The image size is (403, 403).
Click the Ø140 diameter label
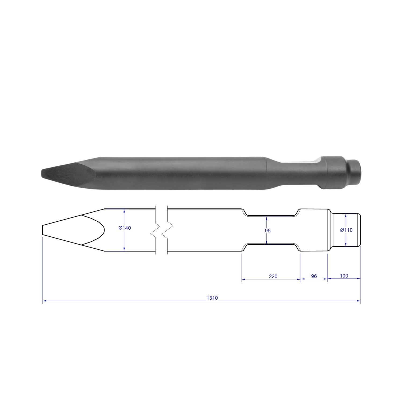pyautogui.click(x=124, y=228)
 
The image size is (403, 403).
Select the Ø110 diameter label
pyautogui.click(x=346, y=230)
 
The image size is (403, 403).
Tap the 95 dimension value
pyautogui.click(x=268, y=231)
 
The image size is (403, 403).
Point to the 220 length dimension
pyautogui.click(x=273, y=276)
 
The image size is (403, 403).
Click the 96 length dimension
pyautogui.click(x=314, y=276)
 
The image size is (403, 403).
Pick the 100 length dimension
pyautogui.click(x=344, y=276)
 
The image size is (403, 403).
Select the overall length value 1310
pyautogui.click(x=212, y=298)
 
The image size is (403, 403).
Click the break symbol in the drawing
pyautogui.click(x=161, y=230)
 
